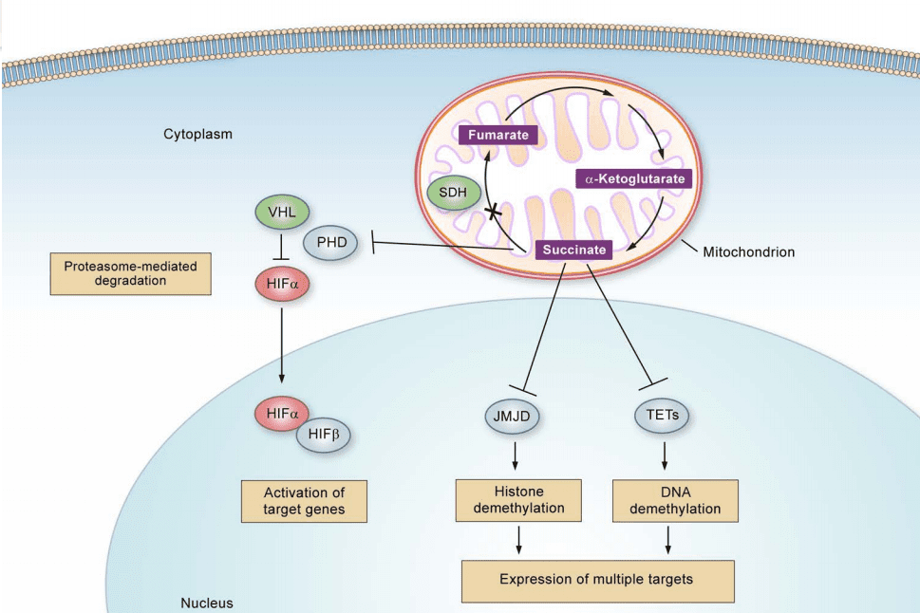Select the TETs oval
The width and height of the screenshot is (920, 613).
663,415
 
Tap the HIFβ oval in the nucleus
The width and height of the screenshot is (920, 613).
324,436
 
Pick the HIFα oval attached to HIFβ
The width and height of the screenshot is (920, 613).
282,413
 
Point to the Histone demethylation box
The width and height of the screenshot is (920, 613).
516,500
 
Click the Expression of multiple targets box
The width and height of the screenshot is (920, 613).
597,580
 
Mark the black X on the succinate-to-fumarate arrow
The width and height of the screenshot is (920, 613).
494,212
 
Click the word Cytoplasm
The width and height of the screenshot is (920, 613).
197,134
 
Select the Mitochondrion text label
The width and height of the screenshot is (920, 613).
748,252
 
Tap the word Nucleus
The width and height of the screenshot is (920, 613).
206,603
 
